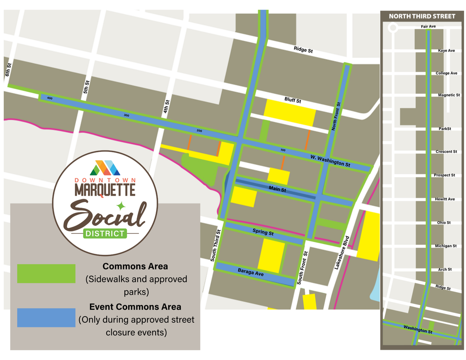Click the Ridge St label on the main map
click(303, 49)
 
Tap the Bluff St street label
click(293, 100)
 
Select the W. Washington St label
click(330, 161)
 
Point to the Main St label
click(277, 189)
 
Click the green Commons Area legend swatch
click(46, 273)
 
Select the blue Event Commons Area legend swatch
click(46, 318)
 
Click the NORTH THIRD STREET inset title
click(422, 16)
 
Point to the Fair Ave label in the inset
click(428, 27)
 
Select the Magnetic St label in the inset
click(449, 95)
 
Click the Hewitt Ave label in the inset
click(445, 199)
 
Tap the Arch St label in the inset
click(445, 269)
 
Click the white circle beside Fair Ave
click(393, 28)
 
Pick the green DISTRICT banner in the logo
click(105, 233)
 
